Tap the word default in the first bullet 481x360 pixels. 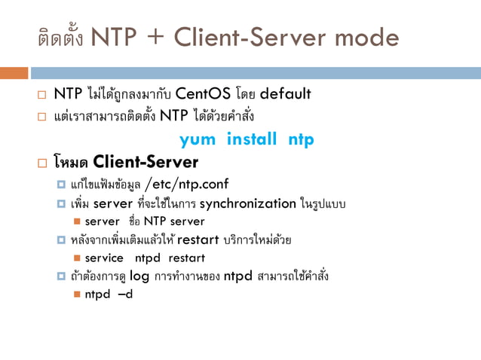(x=285, y=95)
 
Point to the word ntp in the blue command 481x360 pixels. (x=300, y=140)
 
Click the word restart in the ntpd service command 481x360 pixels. (x=186, y=258)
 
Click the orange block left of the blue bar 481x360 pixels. (x=14, y=73)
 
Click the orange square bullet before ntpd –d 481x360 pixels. (x=78, y=294)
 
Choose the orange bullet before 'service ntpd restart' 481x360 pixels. (x=78, y=258)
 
